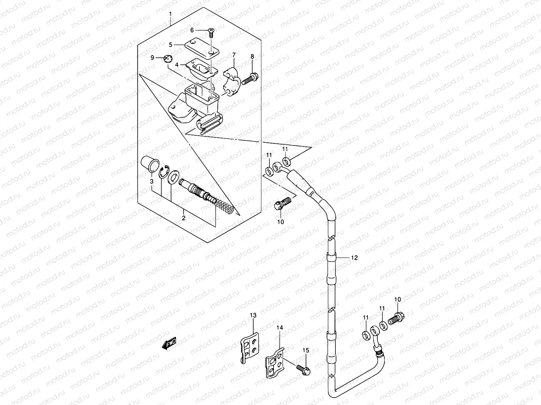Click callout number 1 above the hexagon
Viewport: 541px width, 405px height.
171,14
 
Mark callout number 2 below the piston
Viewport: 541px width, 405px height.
184,218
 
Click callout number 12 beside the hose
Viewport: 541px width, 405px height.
354,258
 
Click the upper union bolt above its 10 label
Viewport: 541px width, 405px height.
281,204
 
